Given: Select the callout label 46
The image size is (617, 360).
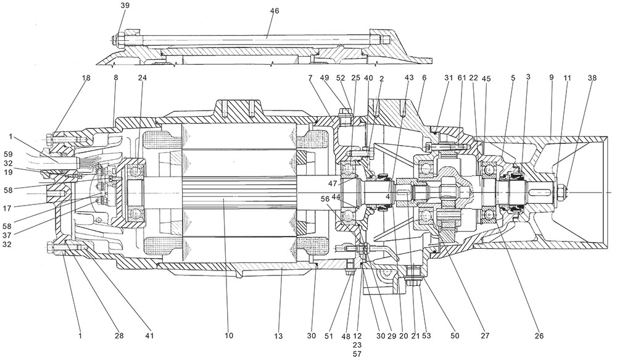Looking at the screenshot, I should point(275,11).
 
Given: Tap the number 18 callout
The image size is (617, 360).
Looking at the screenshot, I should point(85,79).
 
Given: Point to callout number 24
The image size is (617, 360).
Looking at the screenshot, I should point(143,79).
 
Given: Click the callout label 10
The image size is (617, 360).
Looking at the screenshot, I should point(229,336).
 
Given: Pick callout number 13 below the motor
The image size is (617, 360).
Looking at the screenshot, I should point(280,336).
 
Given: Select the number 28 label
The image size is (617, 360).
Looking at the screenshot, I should point(119,336).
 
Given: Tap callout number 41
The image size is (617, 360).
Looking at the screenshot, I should point(149,336).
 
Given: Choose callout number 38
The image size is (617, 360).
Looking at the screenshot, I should point(592,79).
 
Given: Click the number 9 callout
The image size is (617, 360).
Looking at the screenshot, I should point(550,79).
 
